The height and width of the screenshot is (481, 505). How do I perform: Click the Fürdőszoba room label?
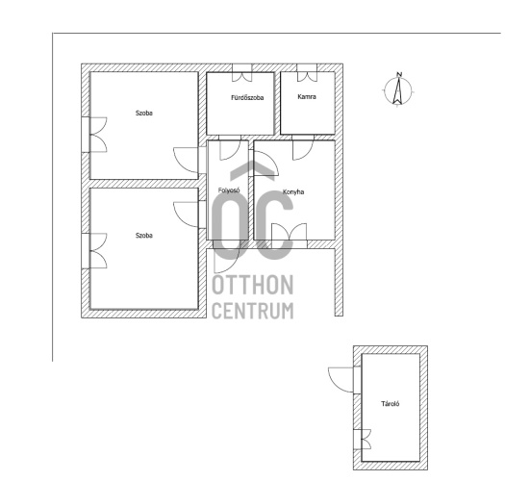[247, 97]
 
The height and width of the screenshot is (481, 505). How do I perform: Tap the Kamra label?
[307, 96]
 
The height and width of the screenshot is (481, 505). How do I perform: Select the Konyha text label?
[293, 192]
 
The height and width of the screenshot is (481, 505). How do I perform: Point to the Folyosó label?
[229, 190]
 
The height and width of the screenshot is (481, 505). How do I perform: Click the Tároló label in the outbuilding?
[391, 404]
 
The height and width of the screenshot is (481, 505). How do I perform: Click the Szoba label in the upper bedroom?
[144, 114]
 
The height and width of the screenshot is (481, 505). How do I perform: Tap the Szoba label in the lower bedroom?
[144, 236]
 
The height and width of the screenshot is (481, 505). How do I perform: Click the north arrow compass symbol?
[398, 89]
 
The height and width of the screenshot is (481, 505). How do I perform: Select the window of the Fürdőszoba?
[242, 72]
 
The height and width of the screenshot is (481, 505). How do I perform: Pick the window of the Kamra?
[307, 72]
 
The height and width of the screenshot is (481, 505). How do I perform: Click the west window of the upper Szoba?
[94, 135]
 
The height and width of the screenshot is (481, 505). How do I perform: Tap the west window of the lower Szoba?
[94, 251]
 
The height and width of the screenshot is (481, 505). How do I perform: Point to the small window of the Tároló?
[362, 440]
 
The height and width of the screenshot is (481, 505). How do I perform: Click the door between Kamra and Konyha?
[303, 148]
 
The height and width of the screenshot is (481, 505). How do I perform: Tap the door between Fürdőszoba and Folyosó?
[230, 148]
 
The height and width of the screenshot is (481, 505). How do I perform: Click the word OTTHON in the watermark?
[253, 285]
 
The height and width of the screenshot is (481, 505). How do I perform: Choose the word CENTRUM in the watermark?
[253, 311]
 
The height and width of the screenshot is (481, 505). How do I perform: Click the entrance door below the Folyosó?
[226, 257]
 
